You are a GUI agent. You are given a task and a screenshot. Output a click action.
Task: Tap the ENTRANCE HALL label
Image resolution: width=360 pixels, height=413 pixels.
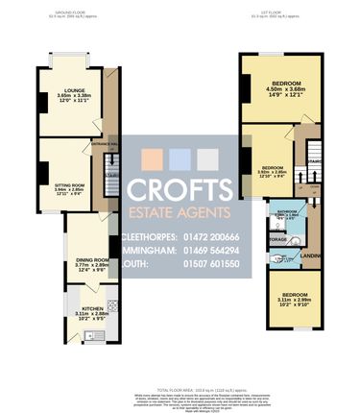click(104, 144)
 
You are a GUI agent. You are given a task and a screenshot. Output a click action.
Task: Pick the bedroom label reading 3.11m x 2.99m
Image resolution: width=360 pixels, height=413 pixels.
click(292, 299)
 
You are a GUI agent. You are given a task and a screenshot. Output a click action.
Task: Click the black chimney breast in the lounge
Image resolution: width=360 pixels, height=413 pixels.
click(40, 102)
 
